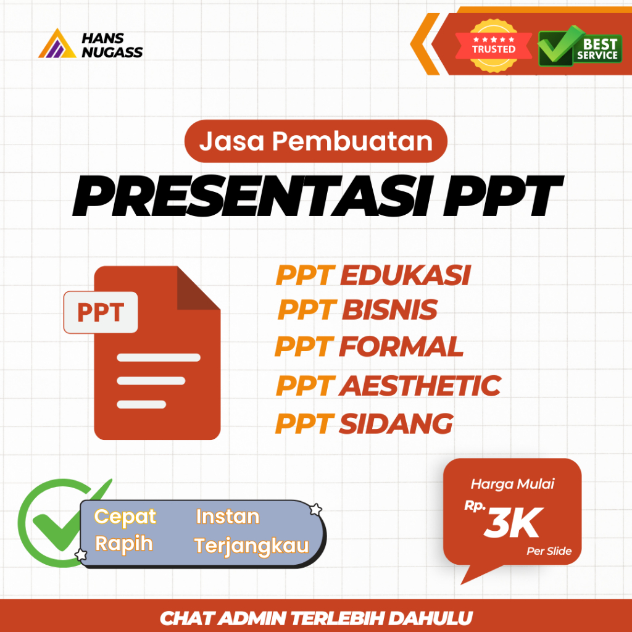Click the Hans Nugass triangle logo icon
(x=57, y=44)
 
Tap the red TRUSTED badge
(x=494, y=44)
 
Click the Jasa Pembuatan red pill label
(x=315, y=142)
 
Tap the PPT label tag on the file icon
(x=101, y=312)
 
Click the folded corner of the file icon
(x=197, y=289)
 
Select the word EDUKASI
(x=405, y=276)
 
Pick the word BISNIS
(x=389, y=310)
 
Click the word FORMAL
(x=401, y=347)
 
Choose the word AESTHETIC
(x=420, y=386)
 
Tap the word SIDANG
(x=396, y=423)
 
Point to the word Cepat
(x=125, y=516)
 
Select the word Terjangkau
(x=251, y=546)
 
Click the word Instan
(x=228, y=516)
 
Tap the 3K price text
(x=512, y=522)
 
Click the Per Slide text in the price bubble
(x=549, y=551)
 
